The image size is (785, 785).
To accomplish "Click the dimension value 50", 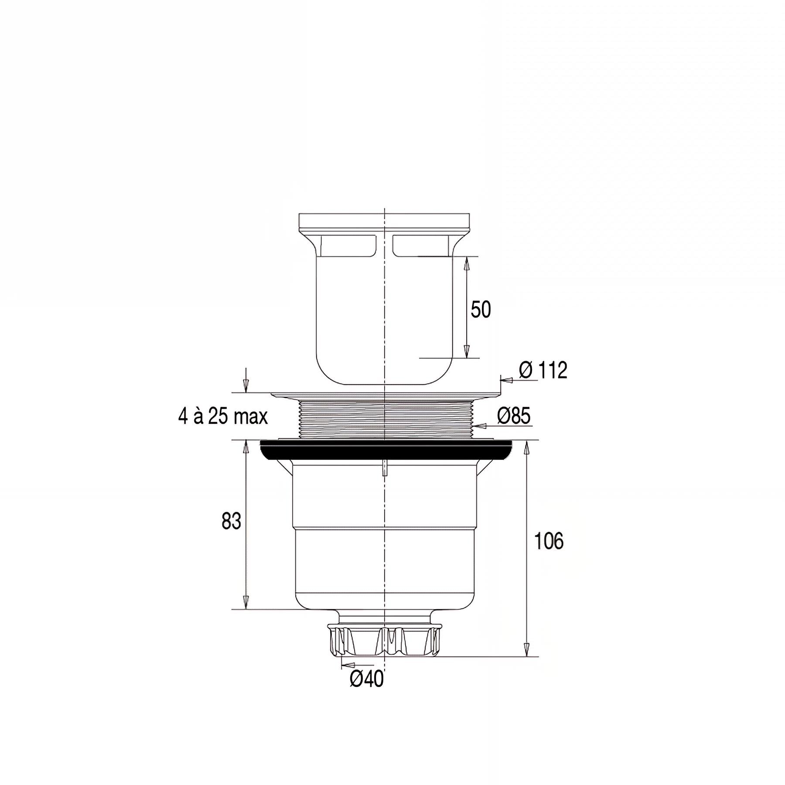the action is point(481,310).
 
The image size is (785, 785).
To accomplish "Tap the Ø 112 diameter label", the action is point(543,371).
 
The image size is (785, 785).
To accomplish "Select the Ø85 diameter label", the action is point(514,416).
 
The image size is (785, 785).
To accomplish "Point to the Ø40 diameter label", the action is point(366,691).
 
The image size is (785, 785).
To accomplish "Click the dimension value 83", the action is point(231,521).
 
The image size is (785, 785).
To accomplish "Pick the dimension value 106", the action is point(549,541).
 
